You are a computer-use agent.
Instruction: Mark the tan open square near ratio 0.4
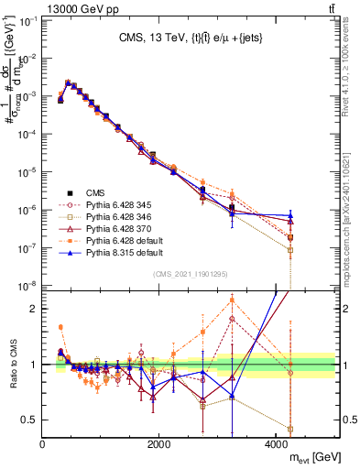point(289,429)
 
